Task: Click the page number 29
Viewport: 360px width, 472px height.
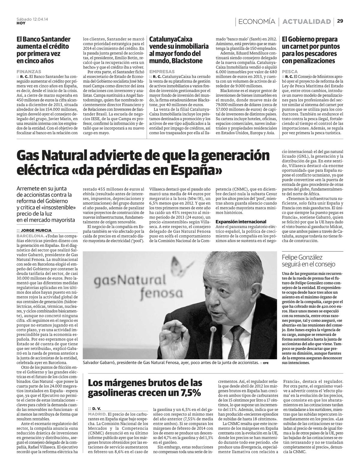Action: [340, 21]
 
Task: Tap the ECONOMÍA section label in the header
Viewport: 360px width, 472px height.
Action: [257, 21]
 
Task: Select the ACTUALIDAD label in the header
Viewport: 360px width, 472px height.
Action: [307, 21]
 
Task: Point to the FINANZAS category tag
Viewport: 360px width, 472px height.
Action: [29, 72]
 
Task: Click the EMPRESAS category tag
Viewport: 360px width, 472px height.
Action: [162, 72]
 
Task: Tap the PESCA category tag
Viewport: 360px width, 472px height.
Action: [290, 72]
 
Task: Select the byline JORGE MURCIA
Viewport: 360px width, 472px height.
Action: [36, 230]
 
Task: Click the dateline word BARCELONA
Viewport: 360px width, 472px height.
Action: [28, 236]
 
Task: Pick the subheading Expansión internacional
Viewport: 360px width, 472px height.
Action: [241, 221]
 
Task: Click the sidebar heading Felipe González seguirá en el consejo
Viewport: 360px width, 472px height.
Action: [308, 260]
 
